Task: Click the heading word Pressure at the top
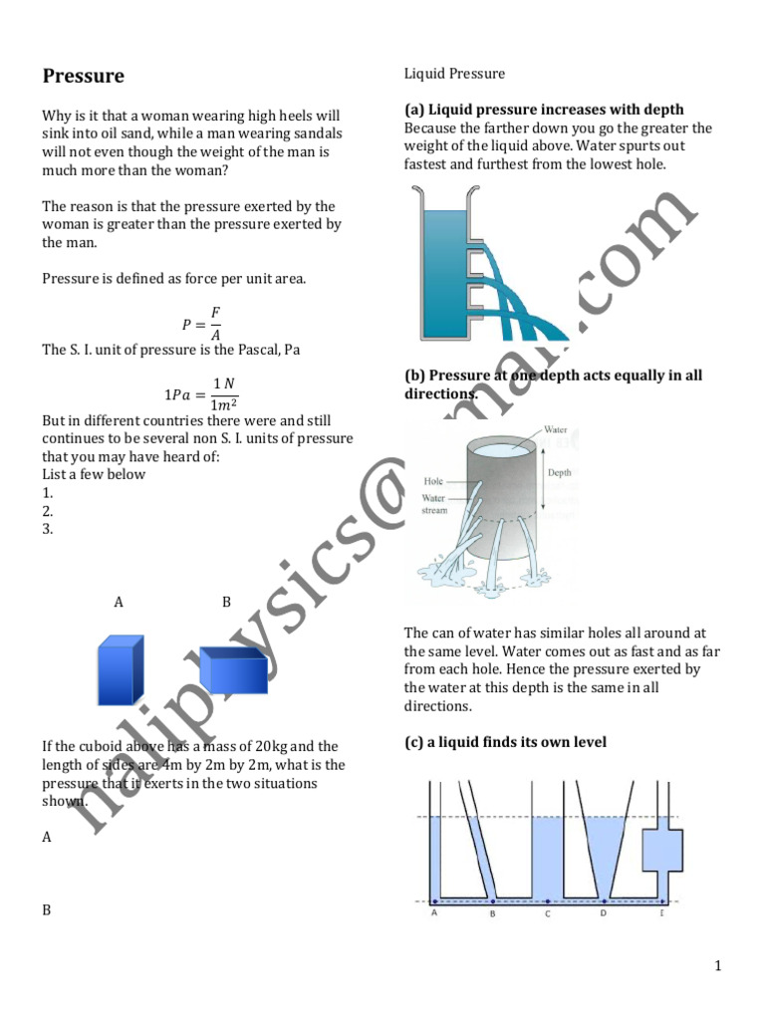(x=83, y=76)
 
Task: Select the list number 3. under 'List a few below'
(x=47, y=529)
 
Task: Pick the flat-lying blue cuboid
(x=233, y=670)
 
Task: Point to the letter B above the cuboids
(x=226, y=602)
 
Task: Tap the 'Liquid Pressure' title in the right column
(x=454, y=74)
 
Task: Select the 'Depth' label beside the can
(x=560, y=472)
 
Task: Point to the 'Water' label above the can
(x=555, y=430)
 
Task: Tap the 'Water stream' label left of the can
(x=433, y=503)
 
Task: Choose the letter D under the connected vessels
(x=603, y=912)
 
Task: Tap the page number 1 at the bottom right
(x=717, y=965)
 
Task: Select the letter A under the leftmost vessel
(x=435, y=912)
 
